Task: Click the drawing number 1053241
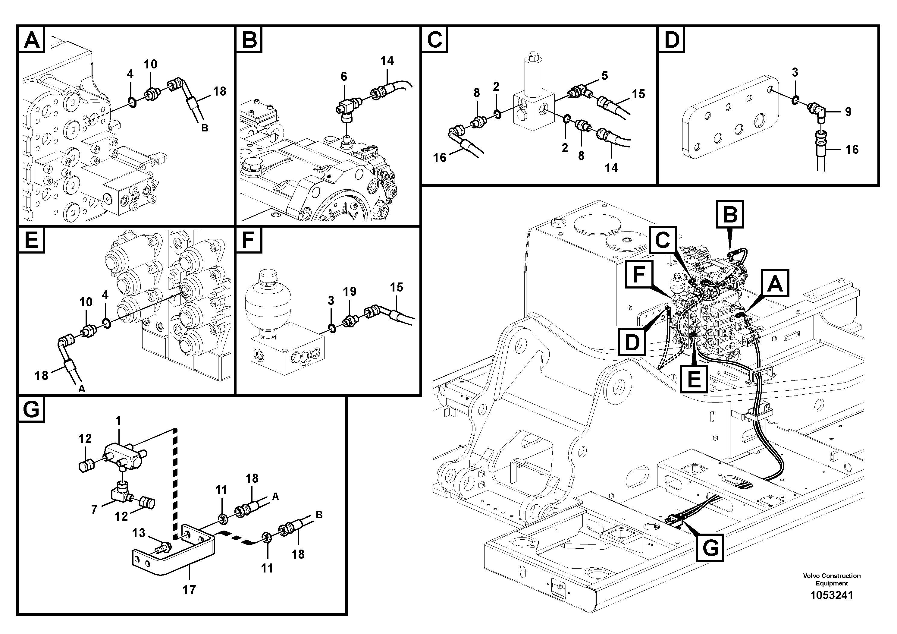click(831, 595)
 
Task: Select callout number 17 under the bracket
click(189, 589)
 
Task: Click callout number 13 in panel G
click(139, 533)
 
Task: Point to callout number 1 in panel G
click(118, 421)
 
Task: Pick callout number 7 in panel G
click(94, 510)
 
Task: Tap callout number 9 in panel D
click(848, 112)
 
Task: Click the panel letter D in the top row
click(672, 39)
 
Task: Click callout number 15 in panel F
click(396, 287)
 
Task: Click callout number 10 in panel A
click(150, 64)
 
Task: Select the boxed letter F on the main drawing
click(638, 275)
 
